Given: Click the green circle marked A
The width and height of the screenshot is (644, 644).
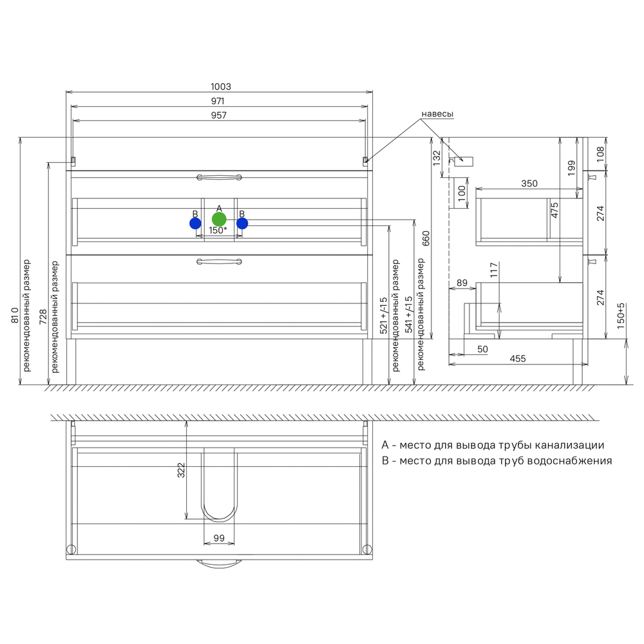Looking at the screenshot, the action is pyautogui.click(x=219, y=220).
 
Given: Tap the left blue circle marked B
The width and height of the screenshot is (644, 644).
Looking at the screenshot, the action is pyautogui.click(x=196, y=223).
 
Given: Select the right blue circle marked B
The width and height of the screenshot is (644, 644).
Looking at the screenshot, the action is pyautogui.click(x=242, y=223).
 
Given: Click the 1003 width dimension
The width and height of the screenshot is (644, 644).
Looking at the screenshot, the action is pyautogui.click(x=221, y=87).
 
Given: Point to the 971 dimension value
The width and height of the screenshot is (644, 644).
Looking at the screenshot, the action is pyautogui.click(x=218, y=101).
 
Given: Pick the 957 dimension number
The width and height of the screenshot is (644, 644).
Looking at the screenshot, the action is pyautogui.click(x=219, y=115).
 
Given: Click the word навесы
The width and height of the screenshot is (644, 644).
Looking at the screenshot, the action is pyautogui.click(x=437, y=114).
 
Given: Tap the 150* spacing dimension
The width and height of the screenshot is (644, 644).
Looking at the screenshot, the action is pyautogui.click(x=218, y=230).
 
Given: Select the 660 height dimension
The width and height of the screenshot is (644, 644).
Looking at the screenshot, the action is pyautogui.click(x=426, y=239).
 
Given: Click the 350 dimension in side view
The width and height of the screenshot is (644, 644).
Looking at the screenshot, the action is pyautogui.click(x=529, y=184).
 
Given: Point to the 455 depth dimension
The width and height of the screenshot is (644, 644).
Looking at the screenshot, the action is pyautogui.click(x=518, y=359).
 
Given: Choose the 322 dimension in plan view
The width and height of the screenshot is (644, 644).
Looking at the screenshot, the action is pyautogui.click(x=181, y=470).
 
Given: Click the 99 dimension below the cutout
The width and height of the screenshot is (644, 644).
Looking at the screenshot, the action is pyautogui.click(x=219, y=538).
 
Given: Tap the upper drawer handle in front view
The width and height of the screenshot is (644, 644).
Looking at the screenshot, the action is pyautogui.click(x=219, y=178).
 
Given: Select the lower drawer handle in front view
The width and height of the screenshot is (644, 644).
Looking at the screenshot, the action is pyautogui.click(x=219, y=261).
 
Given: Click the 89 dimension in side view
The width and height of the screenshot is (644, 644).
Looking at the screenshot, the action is pyautogui.click(x=462, y=283).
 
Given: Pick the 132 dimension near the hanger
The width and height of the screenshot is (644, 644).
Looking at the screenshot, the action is pyautogui.click(x=437, y=158).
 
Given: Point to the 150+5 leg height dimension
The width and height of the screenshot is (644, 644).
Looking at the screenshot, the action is pyautogui.click(x=621, y=316).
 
